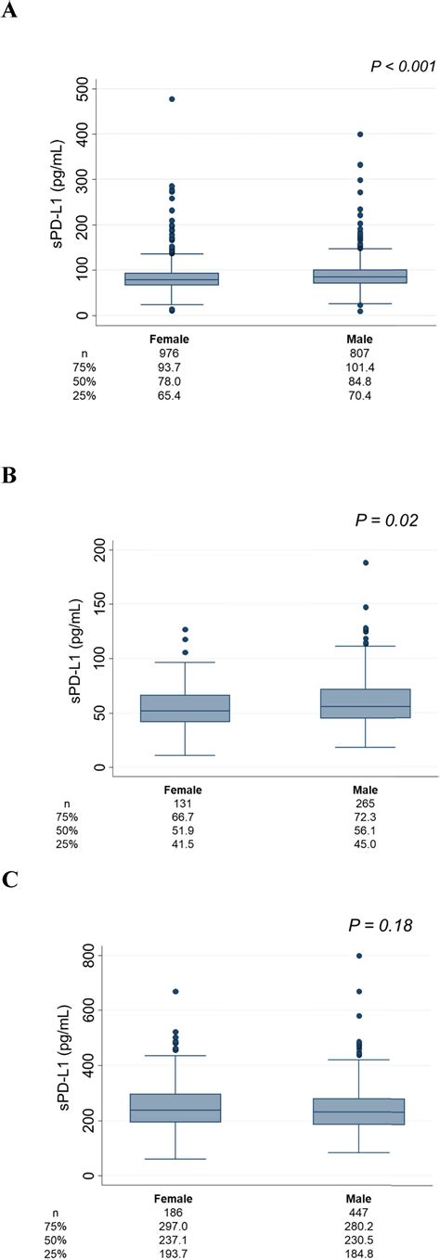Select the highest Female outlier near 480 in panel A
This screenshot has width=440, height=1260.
[x=172, y=98]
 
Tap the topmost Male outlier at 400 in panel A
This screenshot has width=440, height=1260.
[x=360, y=135]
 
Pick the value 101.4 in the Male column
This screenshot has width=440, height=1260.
[x=360, y=367]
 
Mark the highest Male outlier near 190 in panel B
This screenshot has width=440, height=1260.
[x=365, y=562]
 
